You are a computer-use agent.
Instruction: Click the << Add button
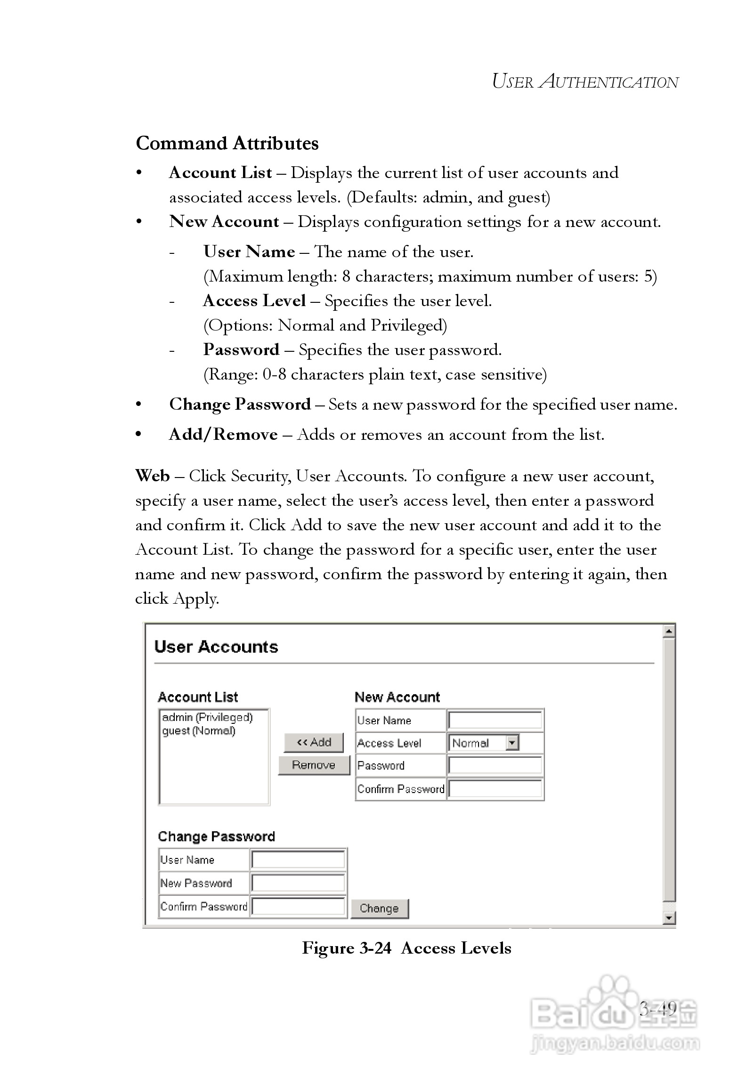(x=314, y=743)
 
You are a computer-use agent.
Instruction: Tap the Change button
(x=379, y=908)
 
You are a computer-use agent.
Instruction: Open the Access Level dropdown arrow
(x=512, y=743)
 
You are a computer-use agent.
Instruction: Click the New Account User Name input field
(x=495, y=721)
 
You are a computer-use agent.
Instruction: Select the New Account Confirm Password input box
(x=495, y=789)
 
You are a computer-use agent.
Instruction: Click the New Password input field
(x=298, y=883)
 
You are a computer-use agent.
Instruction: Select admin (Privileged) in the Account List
(x=208, y=718)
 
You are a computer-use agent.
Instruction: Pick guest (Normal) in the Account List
(x=199, y=731)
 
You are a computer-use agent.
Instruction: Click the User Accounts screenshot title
(x=216, y=647)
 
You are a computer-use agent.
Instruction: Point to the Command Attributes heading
(x=227, y=143)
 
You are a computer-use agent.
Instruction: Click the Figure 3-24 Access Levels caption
(x=406, y=948)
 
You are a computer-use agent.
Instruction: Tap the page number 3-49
(x=658, y=1008)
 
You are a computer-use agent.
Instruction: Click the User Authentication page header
(x=585, y=82)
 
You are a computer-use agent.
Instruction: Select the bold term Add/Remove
(x=223, y=434)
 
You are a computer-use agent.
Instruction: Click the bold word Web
(x=152, y=476)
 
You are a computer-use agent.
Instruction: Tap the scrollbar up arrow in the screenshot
(x=669, y=631)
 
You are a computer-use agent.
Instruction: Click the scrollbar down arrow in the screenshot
(x=669, y=917)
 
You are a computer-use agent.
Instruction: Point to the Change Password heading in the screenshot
(x=216, y=837)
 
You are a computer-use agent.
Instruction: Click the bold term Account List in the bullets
(x=220, y=173)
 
